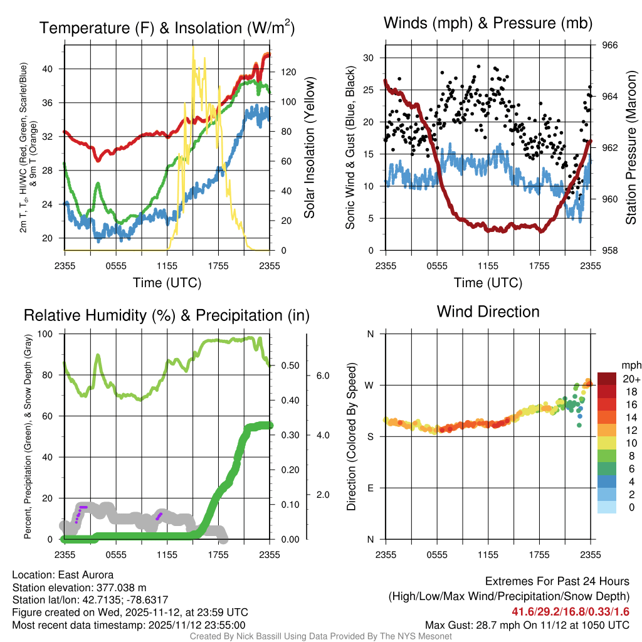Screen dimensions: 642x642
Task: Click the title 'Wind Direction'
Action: click(488, 312)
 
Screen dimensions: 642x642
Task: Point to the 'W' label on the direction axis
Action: click(370, 385)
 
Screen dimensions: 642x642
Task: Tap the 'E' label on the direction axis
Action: click(370, 488)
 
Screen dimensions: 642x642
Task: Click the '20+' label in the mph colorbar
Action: click(631, 379)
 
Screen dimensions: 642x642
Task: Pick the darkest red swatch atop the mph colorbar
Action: click(608, 378)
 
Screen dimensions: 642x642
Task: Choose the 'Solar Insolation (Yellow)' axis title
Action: click(309, 148)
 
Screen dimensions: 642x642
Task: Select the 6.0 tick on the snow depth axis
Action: click(322, 376)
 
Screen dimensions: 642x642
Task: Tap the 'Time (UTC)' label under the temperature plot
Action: click(167, 283)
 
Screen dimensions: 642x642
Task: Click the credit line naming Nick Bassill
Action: click(320, 636)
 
